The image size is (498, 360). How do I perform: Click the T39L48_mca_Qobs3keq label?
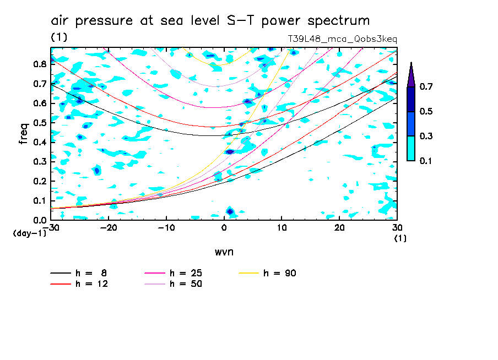point(342,39)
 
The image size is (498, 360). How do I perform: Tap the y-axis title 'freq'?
point(23,134)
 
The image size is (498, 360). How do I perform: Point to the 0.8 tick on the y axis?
point(39,64)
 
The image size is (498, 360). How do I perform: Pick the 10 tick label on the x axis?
point(282,228)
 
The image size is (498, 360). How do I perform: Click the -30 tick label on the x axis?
point(51,228)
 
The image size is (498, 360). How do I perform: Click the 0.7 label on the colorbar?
point(426,87)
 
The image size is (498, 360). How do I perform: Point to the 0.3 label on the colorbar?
point(426,136)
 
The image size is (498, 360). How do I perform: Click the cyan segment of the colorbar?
point(411,148)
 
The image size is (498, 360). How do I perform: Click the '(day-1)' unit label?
point(29,233)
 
